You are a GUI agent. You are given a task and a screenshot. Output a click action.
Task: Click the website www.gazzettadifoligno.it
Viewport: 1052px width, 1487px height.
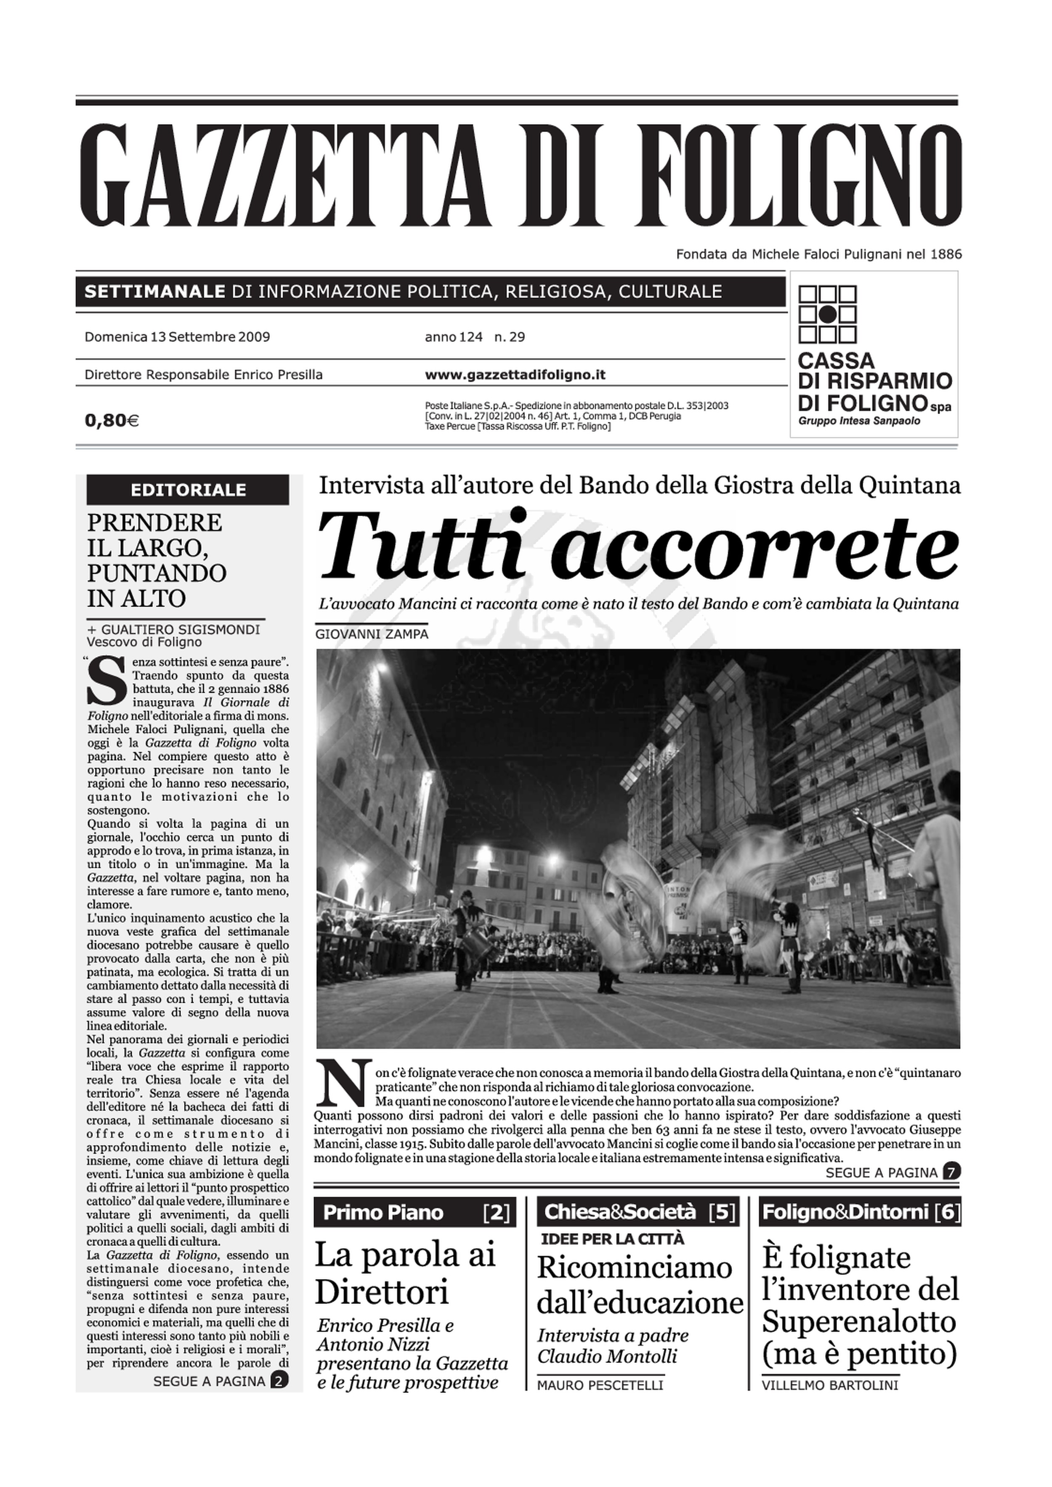click(x=515, y=374)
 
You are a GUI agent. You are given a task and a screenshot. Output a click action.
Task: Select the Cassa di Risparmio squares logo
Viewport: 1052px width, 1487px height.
click(x=827, y=314)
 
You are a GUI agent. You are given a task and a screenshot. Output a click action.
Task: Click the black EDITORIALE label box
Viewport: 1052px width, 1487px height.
click(x=188, y=490)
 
